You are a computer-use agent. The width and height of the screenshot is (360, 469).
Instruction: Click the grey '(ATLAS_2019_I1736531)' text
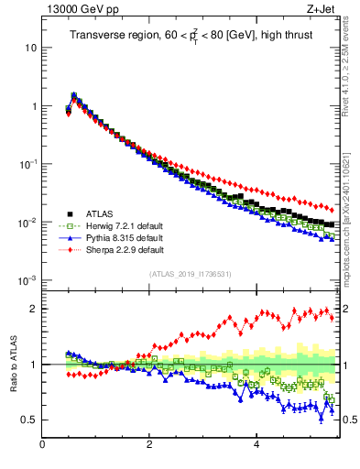click(x=191, y=274)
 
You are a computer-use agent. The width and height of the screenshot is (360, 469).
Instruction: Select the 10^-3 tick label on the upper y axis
click(x=26, y=280)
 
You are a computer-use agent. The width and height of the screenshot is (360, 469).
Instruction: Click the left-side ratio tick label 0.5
click(x=27, y=420)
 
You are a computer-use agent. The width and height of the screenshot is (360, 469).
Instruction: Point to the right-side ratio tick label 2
click(x=347, y=309)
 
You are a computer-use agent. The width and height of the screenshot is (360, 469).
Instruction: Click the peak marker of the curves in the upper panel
click(x=73, y=94)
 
